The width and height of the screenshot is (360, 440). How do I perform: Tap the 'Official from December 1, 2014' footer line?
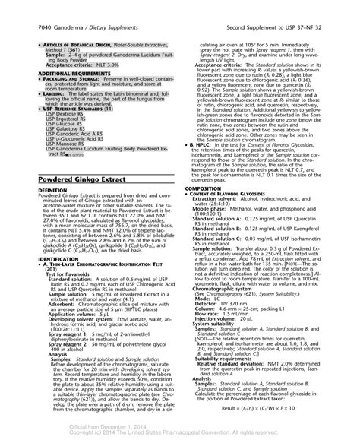pyautogui.click(x=179, y=428)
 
